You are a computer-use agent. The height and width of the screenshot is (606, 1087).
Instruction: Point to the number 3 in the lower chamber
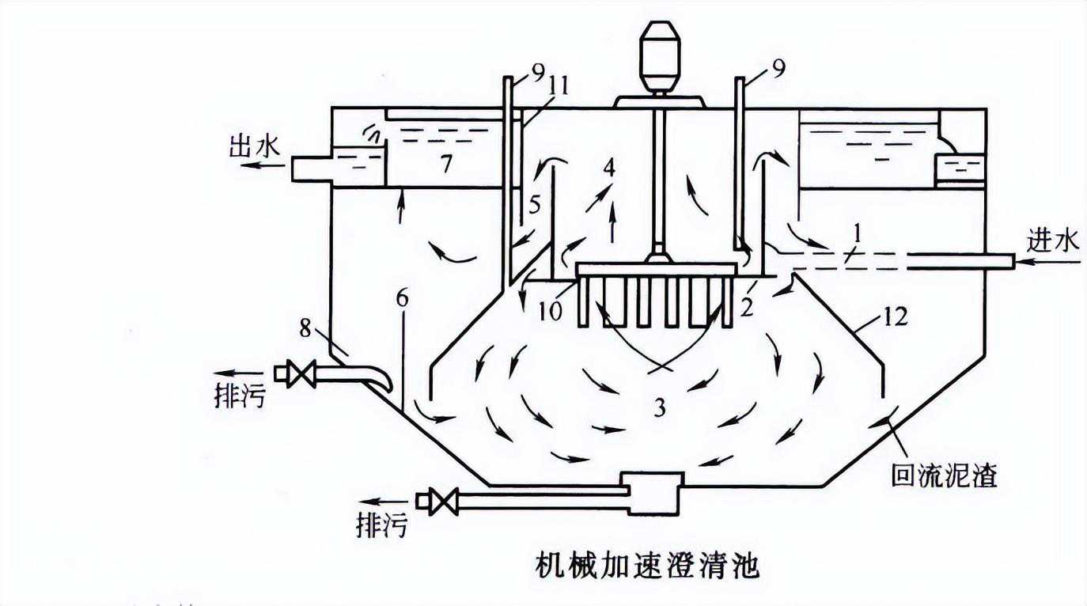click(x=659, y=407)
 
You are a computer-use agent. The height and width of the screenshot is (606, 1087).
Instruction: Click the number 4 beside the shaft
click(x=609, y=169)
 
